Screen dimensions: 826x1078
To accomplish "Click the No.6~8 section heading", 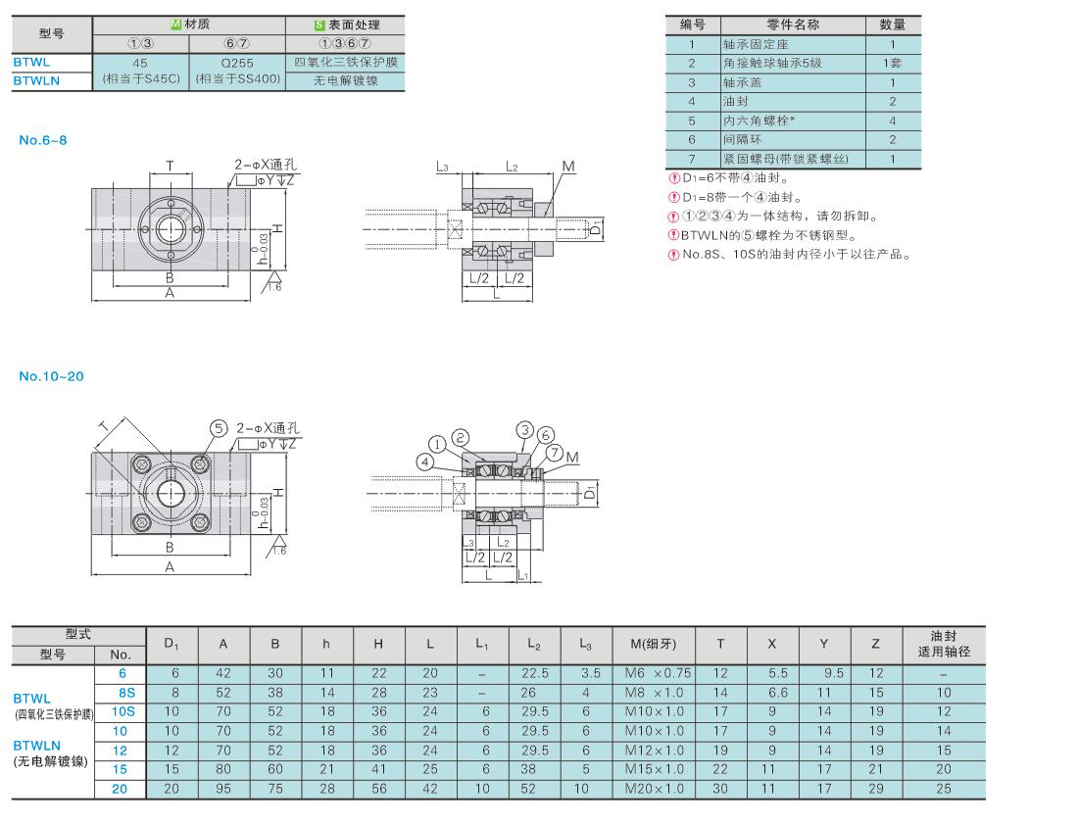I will [43, 140].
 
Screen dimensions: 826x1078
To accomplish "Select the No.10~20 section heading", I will [51, 376].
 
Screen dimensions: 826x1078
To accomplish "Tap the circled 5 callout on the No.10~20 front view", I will [218, 428].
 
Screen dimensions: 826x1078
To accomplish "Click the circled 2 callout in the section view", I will [461, 438].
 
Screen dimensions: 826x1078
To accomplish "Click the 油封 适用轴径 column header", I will [943, 643].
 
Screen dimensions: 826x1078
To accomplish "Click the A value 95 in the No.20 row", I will [223, 787].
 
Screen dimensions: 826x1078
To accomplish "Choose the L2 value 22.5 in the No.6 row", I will [534, 673].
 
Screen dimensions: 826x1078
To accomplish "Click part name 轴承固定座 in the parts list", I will [757, 44].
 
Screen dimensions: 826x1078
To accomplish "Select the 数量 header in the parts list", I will [892, 24].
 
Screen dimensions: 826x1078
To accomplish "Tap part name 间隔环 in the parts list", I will [742, 140].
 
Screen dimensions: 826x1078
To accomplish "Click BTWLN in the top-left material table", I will [36, 81].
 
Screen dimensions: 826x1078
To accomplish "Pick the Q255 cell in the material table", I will [237, 62].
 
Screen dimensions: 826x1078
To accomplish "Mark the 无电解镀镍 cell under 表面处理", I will [344, 81].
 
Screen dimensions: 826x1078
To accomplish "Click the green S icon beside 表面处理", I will [318, 24].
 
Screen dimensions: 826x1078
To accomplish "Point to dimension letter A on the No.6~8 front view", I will [170, 293].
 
